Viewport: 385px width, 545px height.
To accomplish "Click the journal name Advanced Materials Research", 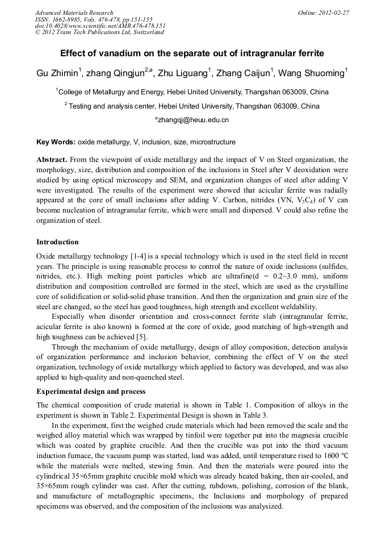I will tap(74, 13).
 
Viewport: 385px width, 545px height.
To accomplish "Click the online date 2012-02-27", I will tap(333, 13).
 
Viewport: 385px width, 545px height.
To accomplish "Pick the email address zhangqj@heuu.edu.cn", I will tap(193, 120).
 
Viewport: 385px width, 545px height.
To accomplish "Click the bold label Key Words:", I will tap(56, 142).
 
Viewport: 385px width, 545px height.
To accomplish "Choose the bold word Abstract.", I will tap(52, 160).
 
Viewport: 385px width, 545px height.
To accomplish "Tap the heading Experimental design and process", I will tap(91, 392).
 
